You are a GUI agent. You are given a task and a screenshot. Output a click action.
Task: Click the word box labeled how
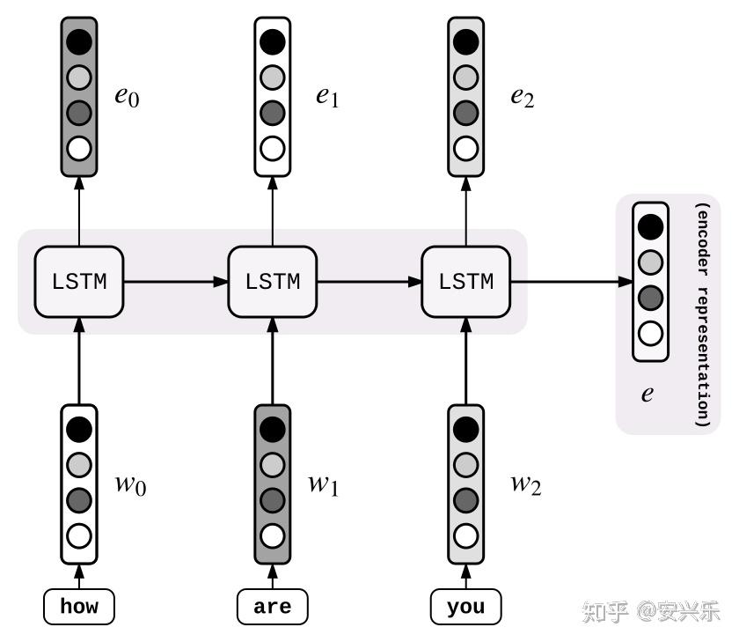pyautogui.click(x=79, y=607)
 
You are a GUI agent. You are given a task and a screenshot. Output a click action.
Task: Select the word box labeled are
pyautogui.click(x=273, y=607)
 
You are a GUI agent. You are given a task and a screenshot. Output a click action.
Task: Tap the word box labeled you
pyautogui.click(x=466, y=607)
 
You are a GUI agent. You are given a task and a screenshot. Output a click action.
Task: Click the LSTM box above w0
pyautogui.click(x=79, y=283)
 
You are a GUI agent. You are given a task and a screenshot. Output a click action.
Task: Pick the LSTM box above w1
pyautogui.click(x=273, y=283)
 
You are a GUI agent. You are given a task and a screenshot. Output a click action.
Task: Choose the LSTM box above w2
pyautogui.click(x=466, y=283)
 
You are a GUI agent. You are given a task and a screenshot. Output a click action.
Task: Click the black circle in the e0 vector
pyautogui.click(x=79, y=41)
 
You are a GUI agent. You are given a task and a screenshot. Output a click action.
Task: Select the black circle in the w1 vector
pyautogui.click(x=273, y=429)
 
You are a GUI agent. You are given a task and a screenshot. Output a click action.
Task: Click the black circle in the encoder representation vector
pyautogui.click(x=650, y=226)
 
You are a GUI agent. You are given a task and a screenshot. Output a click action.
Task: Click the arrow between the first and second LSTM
pyautogui.click(x=176, y=283)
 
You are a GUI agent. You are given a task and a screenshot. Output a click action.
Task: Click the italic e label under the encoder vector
pyautogui.click(x=648, y=394)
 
